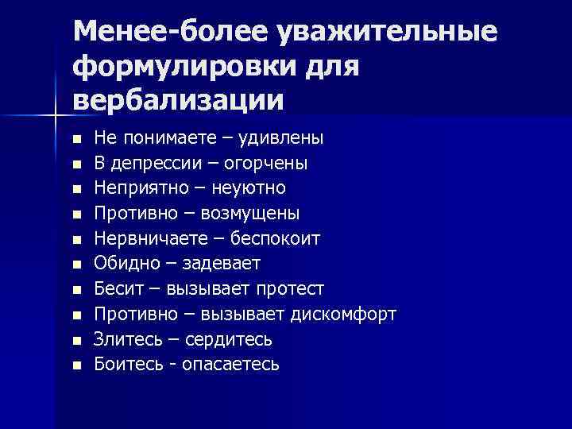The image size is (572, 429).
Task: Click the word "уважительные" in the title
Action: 387,33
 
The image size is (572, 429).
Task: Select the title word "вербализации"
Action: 177,100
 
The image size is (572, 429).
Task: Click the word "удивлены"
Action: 287,137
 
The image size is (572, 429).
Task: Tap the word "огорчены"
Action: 269,163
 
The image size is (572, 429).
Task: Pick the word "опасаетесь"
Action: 230,365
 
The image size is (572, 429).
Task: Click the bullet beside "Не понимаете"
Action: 76,139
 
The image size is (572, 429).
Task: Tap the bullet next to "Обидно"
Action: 76,265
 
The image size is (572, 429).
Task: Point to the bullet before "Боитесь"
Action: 76,366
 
